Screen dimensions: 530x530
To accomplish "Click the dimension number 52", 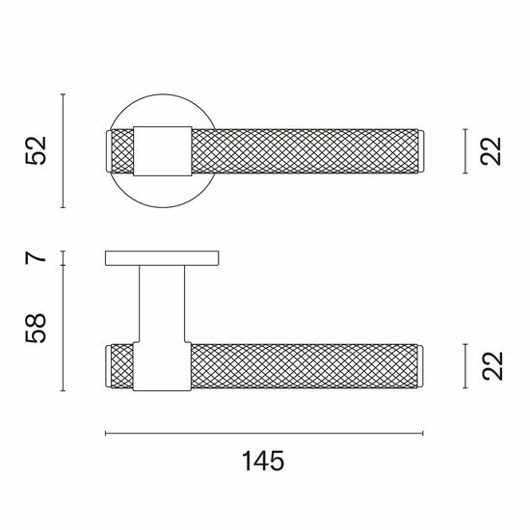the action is pyautogui.click(x=36, y=150).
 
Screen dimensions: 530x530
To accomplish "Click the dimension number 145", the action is pyautogui.click(x=263, y=461).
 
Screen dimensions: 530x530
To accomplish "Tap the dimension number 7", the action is pyautogui.click(x=35, y=258).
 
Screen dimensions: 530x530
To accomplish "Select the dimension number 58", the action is pyautogui.click(x=36, y=329).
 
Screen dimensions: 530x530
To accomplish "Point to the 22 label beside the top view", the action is pyautogui.click(x=490, y=151).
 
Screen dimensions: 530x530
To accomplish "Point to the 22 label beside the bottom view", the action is pyautogui.click(x=491, y=366).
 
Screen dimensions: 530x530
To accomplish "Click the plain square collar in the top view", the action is pyautogui.click(x=163, y=151).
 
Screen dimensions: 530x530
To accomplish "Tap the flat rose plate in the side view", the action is pyautogui.click(x=162, y=258).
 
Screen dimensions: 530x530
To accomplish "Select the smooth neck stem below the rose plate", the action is pyautogui.click(x=162, y=304).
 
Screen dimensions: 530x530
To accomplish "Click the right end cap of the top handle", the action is pyautogui.click(x=421, y=151).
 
